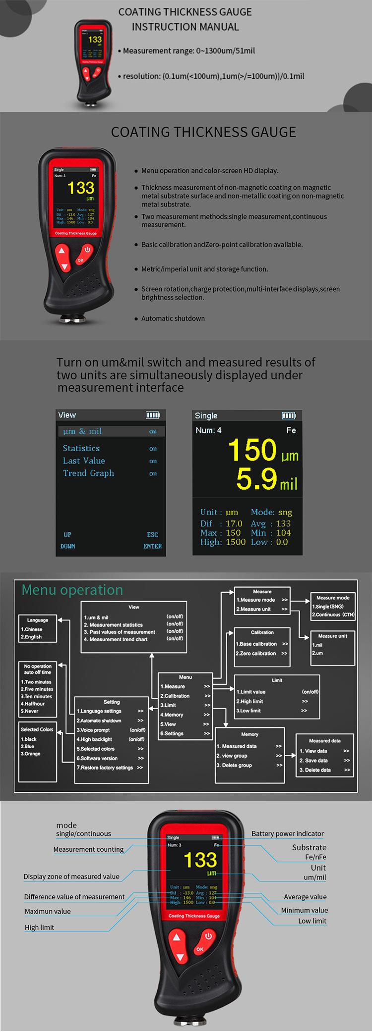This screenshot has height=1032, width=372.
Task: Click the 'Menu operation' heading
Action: [x=72, y=590]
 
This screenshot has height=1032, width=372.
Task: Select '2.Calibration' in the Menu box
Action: [x=175, y=696]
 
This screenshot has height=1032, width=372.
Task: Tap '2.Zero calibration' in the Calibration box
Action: [x=255, y=653]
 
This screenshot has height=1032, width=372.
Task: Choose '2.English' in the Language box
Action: [x=31, y=637]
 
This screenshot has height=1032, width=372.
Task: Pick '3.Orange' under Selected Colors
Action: [x=31, y=754]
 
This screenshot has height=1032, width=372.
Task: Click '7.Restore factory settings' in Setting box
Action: [x=105, y=768]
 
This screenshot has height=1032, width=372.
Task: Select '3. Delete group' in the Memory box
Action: [x=234, y=765]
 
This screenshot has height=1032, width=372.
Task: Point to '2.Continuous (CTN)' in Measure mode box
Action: [x=333, y=615]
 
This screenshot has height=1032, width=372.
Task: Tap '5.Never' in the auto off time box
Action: [x=30, y=711]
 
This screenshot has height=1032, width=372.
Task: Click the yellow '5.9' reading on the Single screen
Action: [x=256, y=479]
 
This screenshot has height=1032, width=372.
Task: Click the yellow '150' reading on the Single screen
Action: [x=252, y=450]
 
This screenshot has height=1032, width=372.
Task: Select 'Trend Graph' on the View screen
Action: [x=88, y=473]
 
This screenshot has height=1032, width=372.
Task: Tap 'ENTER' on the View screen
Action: [x=152, y=546]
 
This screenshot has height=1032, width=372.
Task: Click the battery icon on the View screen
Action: [x=152, y=415]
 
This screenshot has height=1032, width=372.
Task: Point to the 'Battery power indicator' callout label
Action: [x=287, y=833]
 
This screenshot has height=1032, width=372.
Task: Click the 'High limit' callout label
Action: [x=40, y=928]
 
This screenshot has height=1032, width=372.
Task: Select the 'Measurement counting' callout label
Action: [x=88, y=849]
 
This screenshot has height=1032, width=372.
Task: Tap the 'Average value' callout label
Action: [x=305, y=897]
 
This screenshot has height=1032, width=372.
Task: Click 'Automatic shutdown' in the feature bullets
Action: [x=173, y=318]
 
